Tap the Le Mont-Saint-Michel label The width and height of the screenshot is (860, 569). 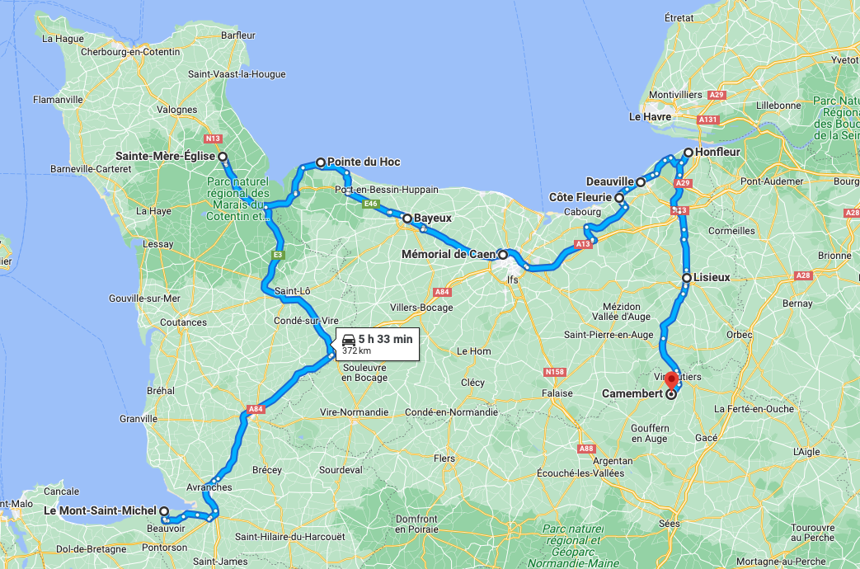pos(100,510)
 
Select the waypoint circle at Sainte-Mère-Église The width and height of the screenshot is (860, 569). pos(222,156)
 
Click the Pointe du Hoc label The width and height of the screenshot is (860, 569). pos(364,162)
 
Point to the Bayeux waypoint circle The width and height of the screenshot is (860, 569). pos(407,219)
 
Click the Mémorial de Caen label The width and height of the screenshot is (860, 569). pos(448,255)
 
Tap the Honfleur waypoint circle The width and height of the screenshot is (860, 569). pos(688,153)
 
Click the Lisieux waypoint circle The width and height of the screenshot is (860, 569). pos(687,278)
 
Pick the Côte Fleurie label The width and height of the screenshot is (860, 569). pos(580,198)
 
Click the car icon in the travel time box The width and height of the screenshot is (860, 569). pos(349,338)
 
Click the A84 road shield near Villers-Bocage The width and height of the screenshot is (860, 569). pos(442,292)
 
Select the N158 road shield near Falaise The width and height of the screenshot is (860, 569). pos(553,373)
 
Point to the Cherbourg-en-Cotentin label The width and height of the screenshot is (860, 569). pos(130,52)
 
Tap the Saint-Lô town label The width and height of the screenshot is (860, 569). pos(291,290)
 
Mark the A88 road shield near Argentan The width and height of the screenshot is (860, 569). pos(586,449)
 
